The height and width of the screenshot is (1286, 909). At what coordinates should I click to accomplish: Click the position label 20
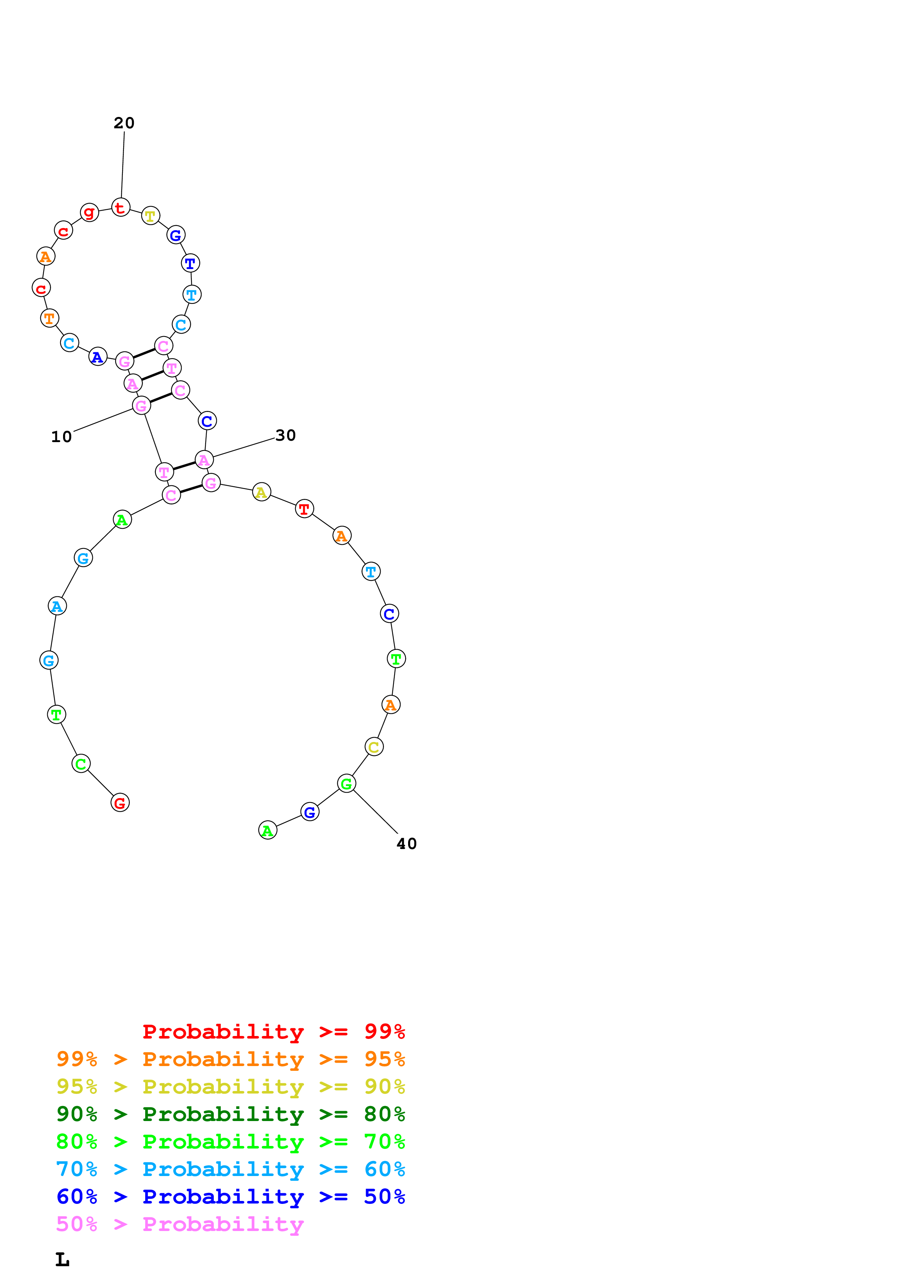point(124,123)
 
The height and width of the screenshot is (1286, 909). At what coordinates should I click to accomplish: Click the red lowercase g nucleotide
point(89,212)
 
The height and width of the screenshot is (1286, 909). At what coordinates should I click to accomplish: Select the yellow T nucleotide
point(150,216)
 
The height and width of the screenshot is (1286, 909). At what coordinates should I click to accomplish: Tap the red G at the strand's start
point(120,802)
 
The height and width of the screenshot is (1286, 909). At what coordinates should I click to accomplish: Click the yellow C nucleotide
point(374,747)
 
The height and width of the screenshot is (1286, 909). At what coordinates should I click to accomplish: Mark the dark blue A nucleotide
point(98,356)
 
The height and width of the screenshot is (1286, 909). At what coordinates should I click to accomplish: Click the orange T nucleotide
point(49,318)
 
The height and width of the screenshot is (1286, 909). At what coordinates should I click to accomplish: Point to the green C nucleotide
point(81,763)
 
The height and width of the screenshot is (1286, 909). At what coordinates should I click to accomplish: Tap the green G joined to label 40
point(346,783)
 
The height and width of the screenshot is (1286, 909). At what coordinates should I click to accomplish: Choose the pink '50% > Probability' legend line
point(180,1224)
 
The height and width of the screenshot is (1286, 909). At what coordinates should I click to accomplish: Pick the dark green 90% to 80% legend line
point(230,1114)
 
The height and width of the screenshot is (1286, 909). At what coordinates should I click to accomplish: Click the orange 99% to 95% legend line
point(230,1059)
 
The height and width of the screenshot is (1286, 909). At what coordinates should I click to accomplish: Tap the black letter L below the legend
point(62,1260)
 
